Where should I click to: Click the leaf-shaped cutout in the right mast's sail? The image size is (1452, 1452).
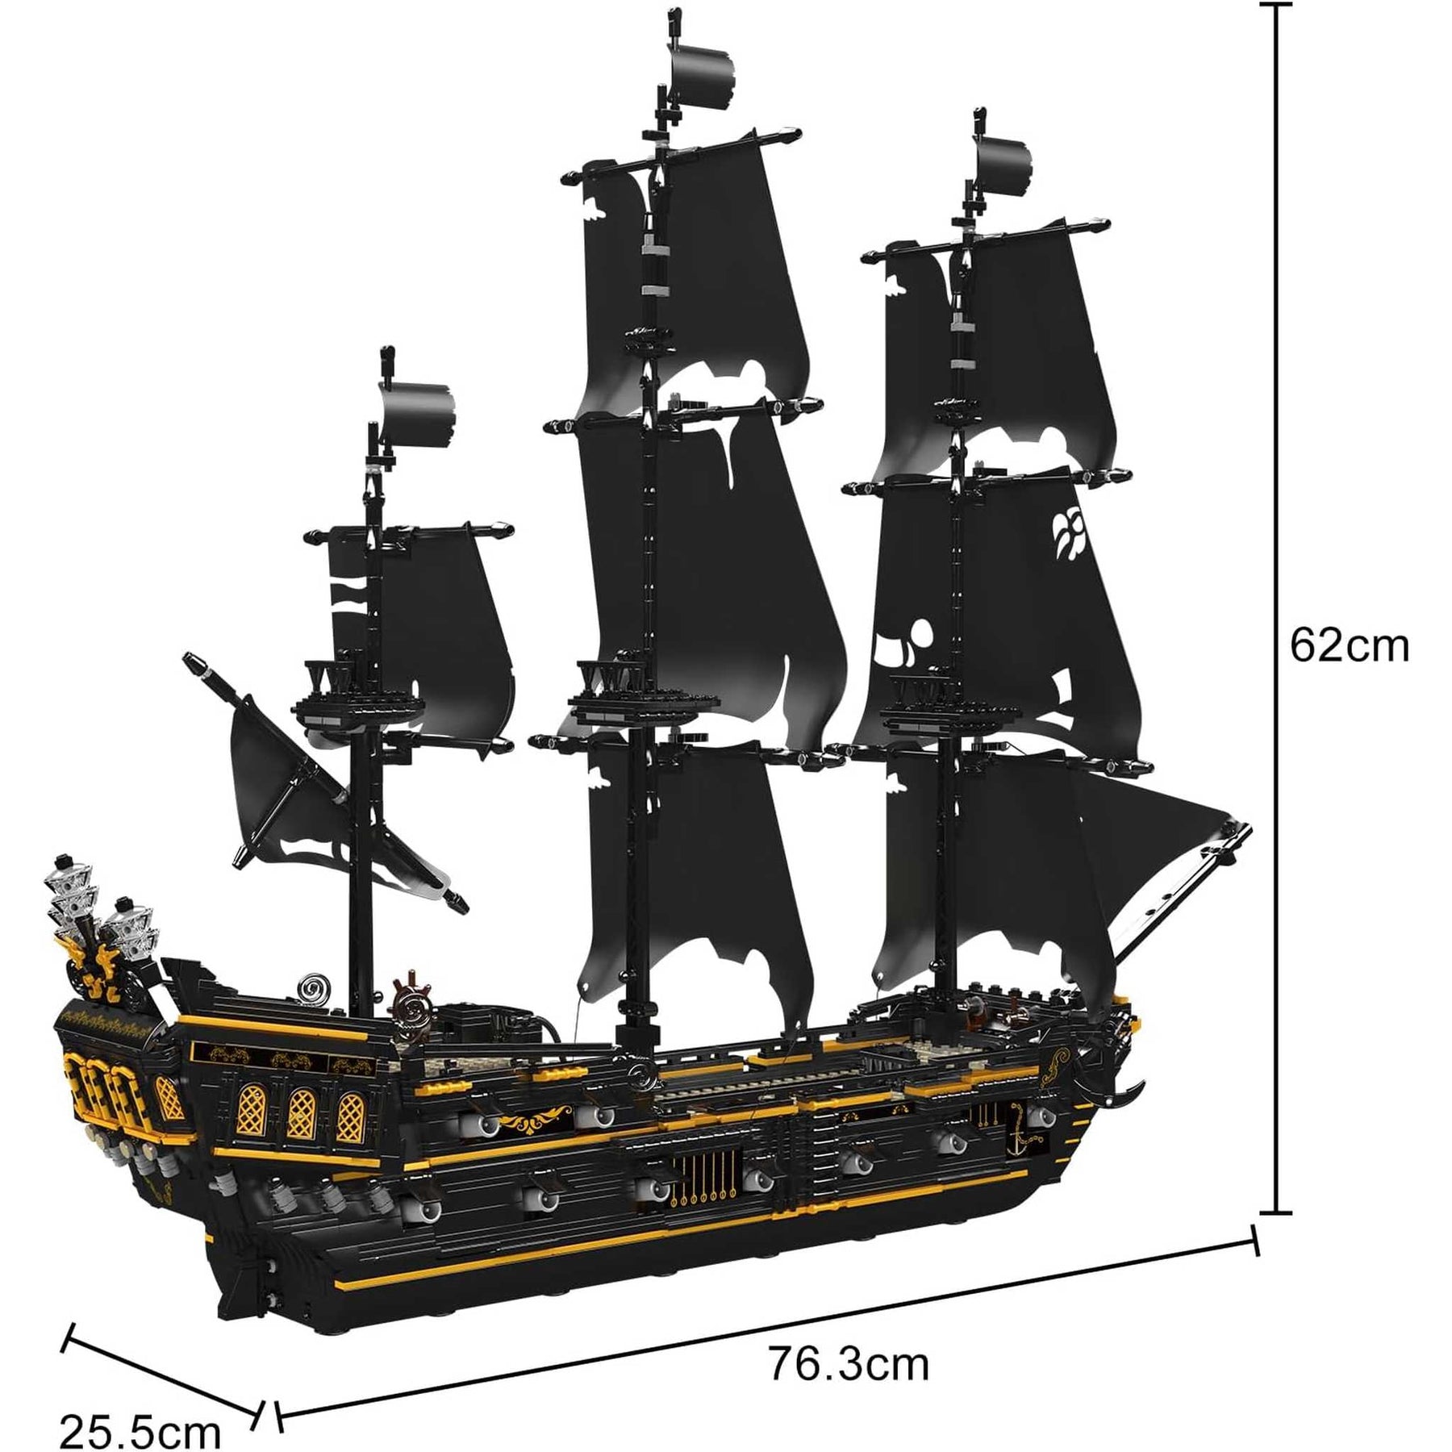[x=1070, y=532]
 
